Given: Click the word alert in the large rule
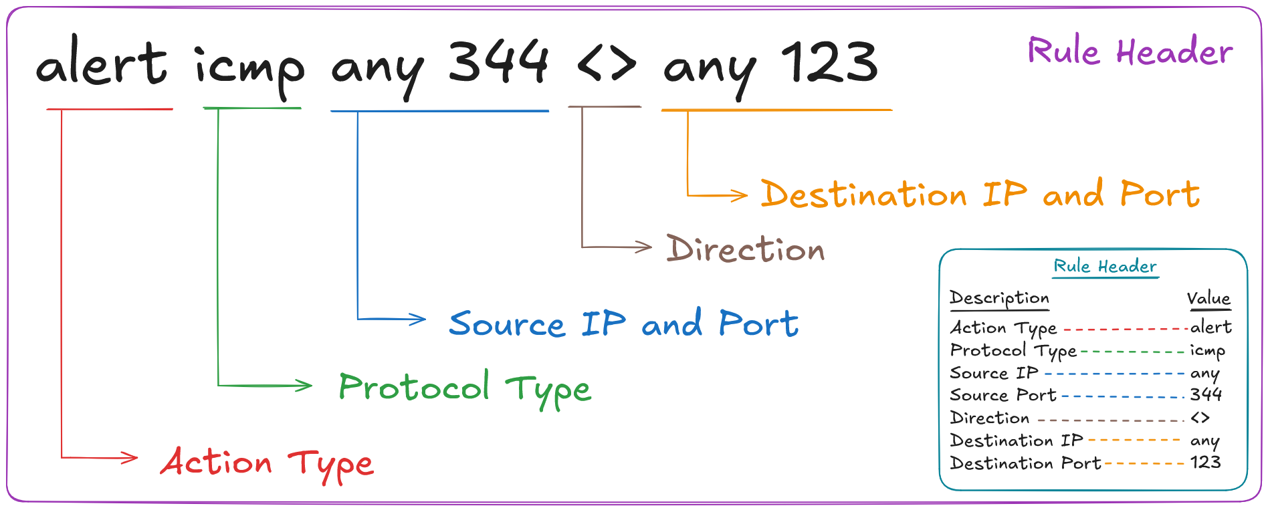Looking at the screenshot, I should [102, 63].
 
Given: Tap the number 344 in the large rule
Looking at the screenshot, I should [498, 61].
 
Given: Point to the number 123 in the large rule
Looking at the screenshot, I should [829, 61].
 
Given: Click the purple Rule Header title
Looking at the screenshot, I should [1130, 51].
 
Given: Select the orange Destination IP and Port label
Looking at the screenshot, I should [980, 194].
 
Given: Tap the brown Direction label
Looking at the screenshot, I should [745, 249].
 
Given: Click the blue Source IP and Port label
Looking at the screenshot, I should [623, 324].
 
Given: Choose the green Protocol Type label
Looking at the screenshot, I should [465, 388].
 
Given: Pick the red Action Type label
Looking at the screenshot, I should [267, 463].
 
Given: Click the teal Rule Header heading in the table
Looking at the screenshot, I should [1105, 266].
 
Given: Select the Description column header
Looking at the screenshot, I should [999, 298].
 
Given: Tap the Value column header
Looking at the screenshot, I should [1208, 298].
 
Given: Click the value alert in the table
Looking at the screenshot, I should [1210, 327].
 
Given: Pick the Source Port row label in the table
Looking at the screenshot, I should [1002, 395].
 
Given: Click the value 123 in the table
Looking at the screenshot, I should [1205, 463].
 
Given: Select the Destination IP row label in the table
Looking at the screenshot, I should [1016, 440].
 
